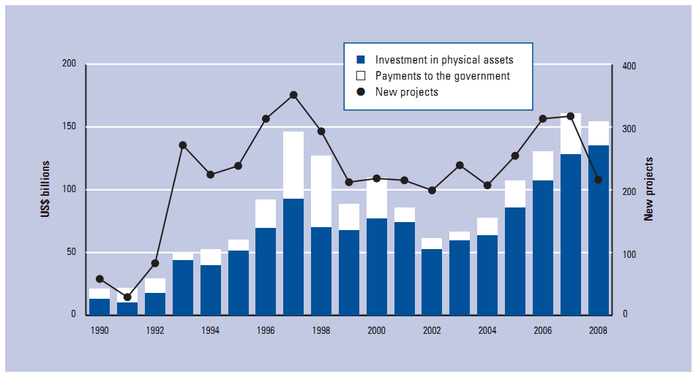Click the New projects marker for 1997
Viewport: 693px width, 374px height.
click(x=293, y=95)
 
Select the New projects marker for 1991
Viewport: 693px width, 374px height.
click(x=127, y=297)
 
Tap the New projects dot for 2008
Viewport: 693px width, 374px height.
click(x=598, y=180)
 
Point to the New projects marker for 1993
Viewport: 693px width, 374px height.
click(x=183, y=145)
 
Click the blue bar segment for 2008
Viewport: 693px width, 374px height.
click(x=598, y=230)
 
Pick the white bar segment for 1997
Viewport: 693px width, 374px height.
click(x=293, y=165)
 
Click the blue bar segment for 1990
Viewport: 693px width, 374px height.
click(x=100, y=307)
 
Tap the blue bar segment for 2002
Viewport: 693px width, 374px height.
click(x=432, y=282)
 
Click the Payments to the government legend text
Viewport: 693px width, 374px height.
click(x=443, y=76)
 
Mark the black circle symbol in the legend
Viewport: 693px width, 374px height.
click(x=360, y=92)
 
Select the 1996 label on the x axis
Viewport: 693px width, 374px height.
click(x=266, y=330)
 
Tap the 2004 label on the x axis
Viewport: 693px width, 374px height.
click(x=487, y=330)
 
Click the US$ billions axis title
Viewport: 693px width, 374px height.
click(x=46, y=190)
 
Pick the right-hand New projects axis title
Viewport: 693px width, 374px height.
click(x=648, y=189)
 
